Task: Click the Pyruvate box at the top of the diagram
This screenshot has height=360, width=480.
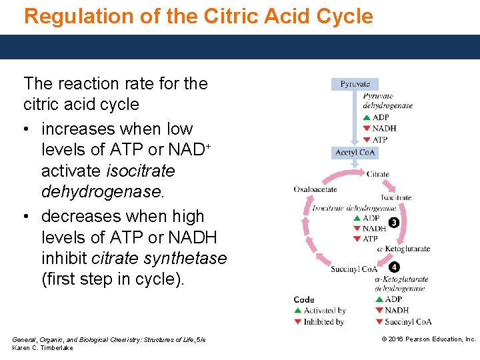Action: [355, 84]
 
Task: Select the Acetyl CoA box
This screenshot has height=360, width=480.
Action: [355, 153]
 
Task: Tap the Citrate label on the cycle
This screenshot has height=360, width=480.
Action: [378, 175]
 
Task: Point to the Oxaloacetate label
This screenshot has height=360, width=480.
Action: [315, 189]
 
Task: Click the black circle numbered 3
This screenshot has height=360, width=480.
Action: [394, 223]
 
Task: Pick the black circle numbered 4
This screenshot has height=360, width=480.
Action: [395, 267]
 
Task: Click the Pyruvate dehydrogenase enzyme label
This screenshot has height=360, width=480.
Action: [387, 101]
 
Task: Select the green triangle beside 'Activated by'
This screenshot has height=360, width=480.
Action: [298, 311]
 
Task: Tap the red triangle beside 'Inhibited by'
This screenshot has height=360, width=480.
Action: [298, 322]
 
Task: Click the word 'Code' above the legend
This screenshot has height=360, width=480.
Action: [304, 299]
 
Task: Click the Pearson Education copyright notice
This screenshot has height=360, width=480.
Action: [428, 339]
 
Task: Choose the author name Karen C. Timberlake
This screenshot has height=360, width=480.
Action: [43, 348]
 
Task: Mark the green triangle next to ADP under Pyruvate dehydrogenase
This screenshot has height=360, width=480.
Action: [366, 118]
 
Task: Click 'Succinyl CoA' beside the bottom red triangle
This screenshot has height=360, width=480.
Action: [408, 322]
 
